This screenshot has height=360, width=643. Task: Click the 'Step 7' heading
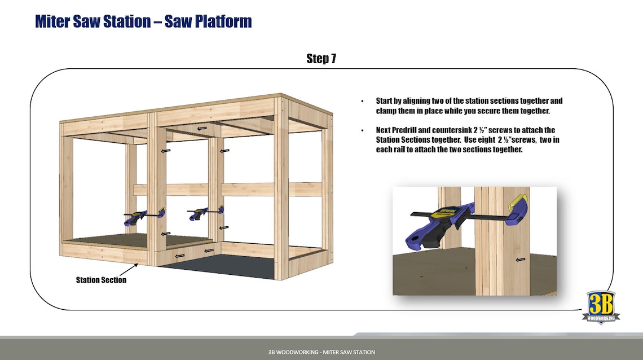pyautogui.click(x=321, y=59)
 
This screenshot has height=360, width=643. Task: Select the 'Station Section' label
pyautogui.click(x=101, y=280)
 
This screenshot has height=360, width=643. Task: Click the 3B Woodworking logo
pyautogui.click(x=601, y=307)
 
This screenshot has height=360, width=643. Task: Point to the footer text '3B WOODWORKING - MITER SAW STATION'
pyautogui.click(x=321, y=352)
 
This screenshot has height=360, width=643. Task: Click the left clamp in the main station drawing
pyautogui.click(x=144, y=215)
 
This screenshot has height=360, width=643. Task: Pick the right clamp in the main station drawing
pyautogui.click(x=204, y=213)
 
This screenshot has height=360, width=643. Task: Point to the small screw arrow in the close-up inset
pyautogui.click(x=520, y=260)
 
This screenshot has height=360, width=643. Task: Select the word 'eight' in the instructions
pyautogui.click(x=485, y=140)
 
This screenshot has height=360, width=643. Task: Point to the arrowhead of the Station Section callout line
pyautogui.click(x=138, y=264)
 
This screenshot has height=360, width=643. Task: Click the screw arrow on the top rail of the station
pyautogui.click(x=201, y=128)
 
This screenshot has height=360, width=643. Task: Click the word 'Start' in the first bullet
pyautogui.click(x=386, y=101)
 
